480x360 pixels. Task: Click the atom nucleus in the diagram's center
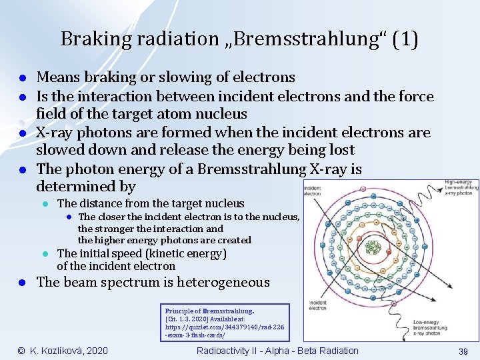coord(373,248)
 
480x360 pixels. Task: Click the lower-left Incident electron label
coord(319,305)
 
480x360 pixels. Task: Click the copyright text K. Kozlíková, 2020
coord(63,351)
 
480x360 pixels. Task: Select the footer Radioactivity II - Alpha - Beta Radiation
coord(277,351)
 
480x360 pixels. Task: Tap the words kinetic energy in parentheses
coord(193,253)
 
